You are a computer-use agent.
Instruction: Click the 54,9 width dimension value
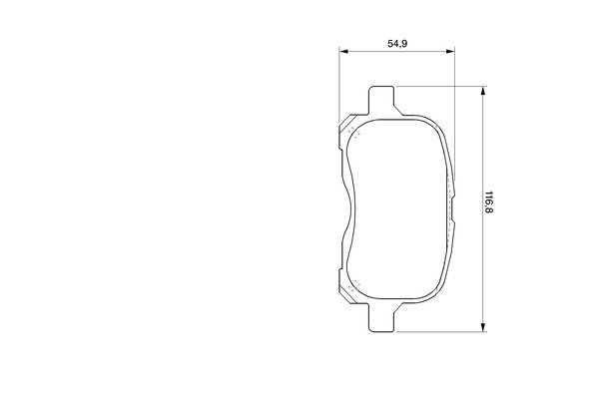coord(397,44)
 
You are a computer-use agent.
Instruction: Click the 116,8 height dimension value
coord(488,201)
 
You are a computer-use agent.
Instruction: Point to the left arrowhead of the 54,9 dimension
coord(343,51)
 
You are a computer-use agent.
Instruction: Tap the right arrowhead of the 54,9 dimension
coord(450,51)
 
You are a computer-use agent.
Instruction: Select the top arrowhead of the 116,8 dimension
coord(483,91)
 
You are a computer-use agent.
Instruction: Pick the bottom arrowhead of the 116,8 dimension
coord(483,327)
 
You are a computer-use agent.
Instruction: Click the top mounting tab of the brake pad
coord(381,100)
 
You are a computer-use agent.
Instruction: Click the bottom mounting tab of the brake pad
coord(381,317)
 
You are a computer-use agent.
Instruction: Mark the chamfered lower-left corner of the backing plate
coord(347,294)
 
